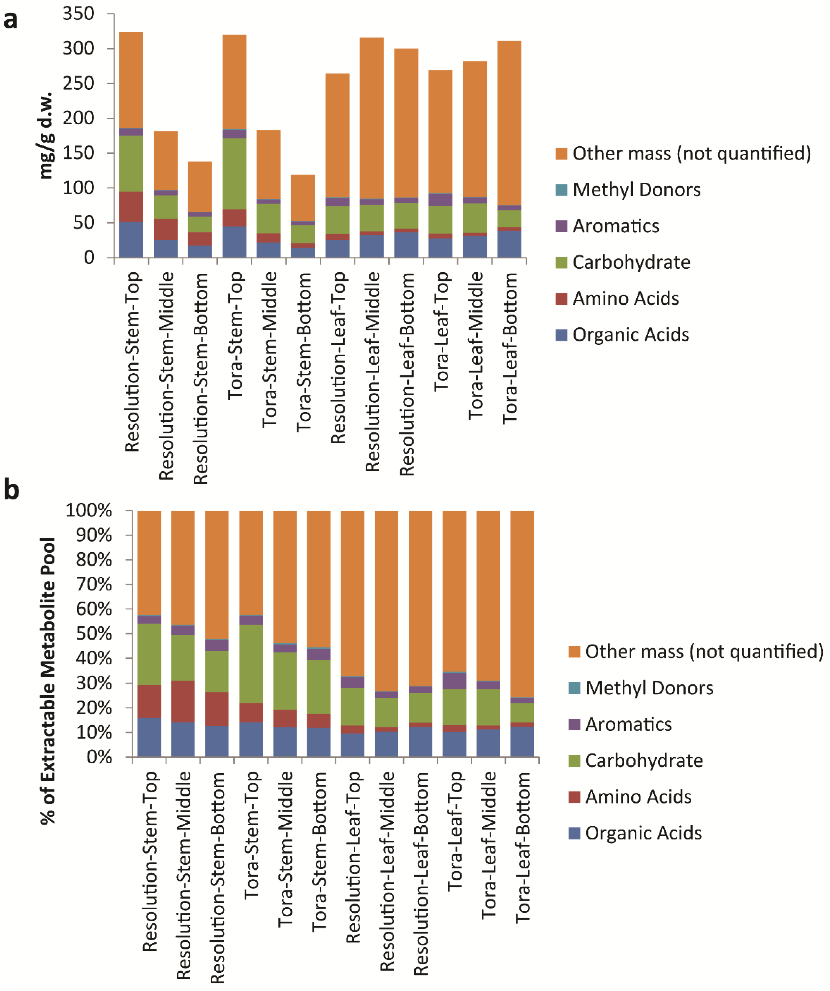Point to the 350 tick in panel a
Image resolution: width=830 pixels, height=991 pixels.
(x=78, y=14)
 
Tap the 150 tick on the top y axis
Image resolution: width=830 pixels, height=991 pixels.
(x=78, y=153)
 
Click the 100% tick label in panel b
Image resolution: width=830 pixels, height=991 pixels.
(x=89, y=511)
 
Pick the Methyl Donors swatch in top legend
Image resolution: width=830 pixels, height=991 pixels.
(x=561, y=190)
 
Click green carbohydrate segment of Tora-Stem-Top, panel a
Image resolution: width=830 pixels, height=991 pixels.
(x=234, y=174)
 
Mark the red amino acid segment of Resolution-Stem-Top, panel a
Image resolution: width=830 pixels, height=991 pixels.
(x=131, y=207)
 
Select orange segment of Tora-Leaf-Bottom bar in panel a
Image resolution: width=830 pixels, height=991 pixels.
(x=509, y=123)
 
